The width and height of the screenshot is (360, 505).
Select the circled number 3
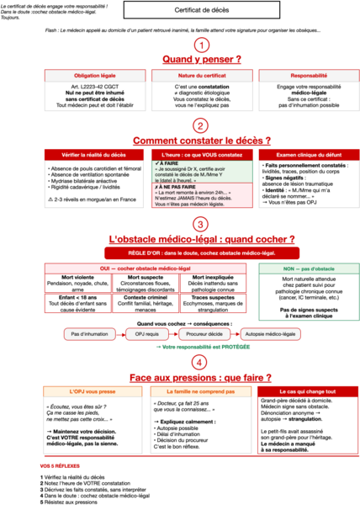click(x=201, y=224)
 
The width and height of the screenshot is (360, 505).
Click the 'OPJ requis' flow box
click(x=146, y=333)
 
